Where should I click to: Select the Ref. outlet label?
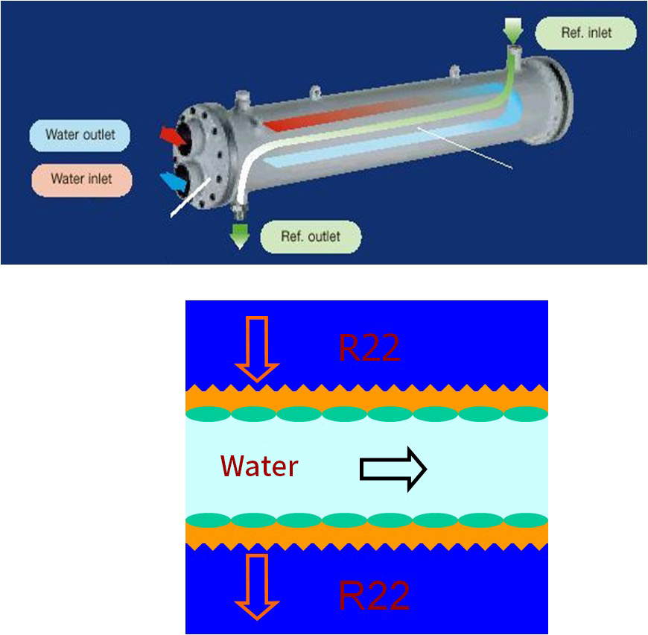click(x=311, y=237)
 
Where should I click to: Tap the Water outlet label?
click(x=80, y=135)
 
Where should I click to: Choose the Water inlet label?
click(x=80, y=179)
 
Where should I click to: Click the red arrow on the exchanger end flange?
click(x=174, y=136)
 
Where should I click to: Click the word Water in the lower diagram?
click(x=259, y=467)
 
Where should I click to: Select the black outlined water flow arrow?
click(x=393, y=469)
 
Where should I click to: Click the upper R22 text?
click(x=369, y=348)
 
